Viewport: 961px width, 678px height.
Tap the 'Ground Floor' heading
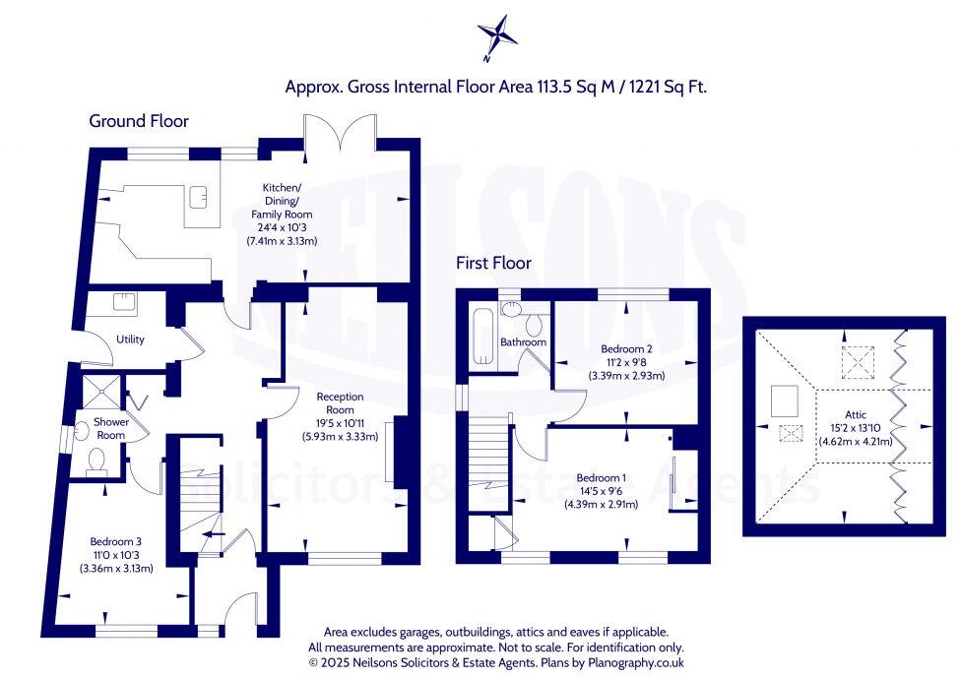[139, 121]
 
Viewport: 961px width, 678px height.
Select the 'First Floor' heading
[493, 263]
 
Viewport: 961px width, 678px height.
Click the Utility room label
[130, 339]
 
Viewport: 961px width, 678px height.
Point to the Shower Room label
[109, 429]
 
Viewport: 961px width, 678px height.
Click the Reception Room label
[340, 403]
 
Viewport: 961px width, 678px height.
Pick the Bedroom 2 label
[626, 348]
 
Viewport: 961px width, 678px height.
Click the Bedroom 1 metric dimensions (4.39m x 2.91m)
[601, 505]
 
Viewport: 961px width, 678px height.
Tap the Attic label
[856, 414]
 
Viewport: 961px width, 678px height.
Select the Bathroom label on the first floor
[523, 342]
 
